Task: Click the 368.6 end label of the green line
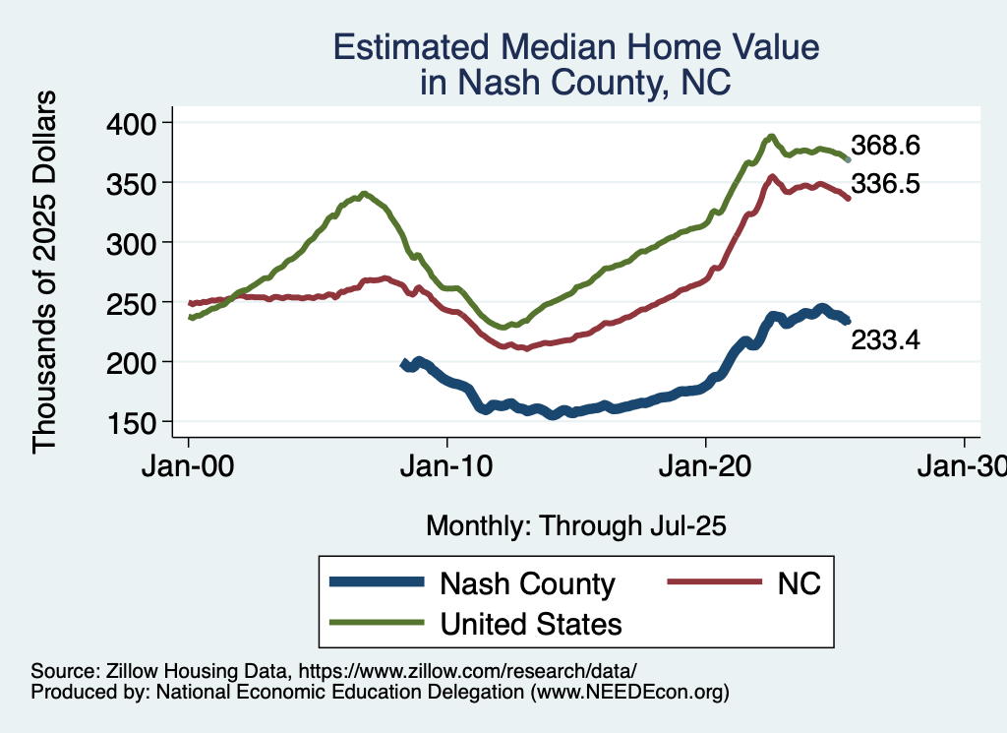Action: coord(885,147)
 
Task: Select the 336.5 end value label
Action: coord(885,183)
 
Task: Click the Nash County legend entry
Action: coord(527,583)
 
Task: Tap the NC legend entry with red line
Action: coord(798,583)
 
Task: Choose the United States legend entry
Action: coord(531,623)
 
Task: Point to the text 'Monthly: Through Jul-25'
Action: coord(575,526)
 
